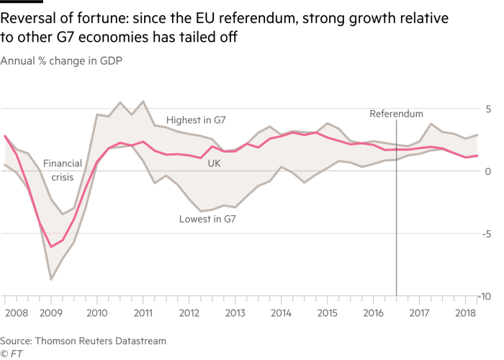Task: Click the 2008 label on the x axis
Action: click(x=16, y=313)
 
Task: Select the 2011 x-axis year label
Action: click(x=143, y=313)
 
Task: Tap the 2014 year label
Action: click(x=281, y=313)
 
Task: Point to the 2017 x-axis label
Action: click(x=419, y=313)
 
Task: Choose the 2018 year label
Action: click(x=465, y=313)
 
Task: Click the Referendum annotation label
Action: click(x=396, y=114)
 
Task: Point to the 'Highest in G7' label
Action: click(x=196, y=120)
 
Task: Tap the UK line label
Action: click(x=214, y=164)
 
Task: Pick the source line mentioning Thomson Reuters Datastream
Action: click(x=83, y=340)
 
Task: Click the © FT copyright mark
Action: click(x=10, y=353)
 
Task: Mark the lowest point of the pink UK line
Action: click(x=50, y=247)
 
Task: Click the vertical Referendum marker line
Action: click(x=397, y=216)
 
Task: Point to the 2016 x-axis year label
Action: click(x=373, y=313)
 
